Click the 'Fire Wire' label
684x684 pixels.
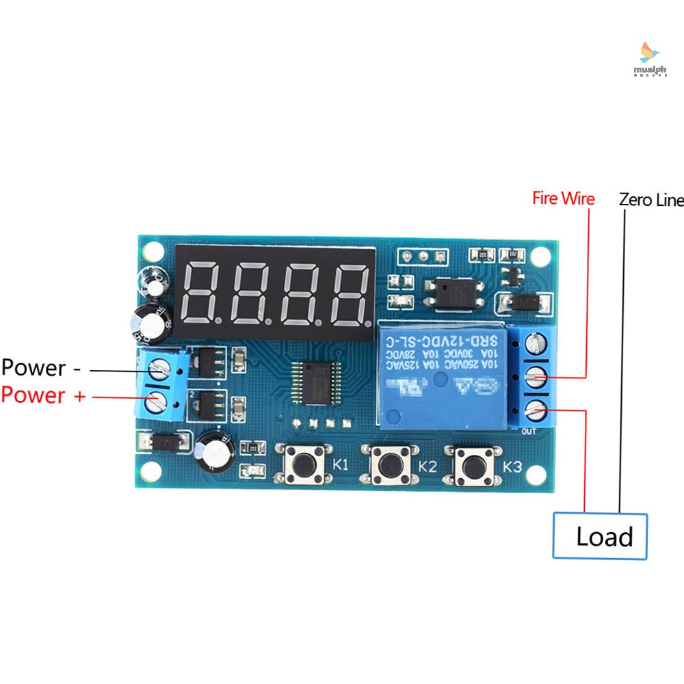[564, 199]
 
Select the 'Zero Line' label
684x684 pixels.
[650, 200]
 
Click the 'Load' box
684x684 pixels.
[600, 536]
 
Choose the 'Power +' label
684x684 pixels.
[43, 395]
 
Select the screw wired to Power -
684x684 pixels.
[159, 370]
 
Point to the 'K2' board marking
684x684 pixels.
[427, 467]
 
